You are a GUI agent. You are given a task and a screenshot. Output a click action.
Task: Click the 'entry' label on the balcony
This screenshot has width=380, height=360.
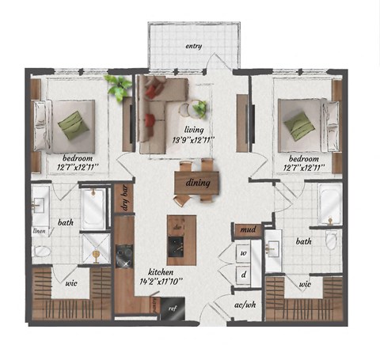[193, 46]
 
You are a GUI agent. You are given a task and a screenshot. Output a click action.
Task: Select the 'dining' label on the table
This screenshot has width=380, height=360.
[197, 183]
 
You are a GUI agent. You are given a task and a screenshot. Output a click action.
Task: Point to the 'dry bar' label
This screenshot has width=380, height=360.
[124, 198]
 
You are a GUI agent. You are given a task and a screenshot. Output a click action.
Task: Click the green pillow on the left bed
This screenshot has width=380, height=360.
[73, 124]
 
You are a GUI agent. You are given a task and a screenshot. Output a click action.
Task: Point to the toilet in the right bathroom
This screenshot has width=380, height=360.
[331, 240]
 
